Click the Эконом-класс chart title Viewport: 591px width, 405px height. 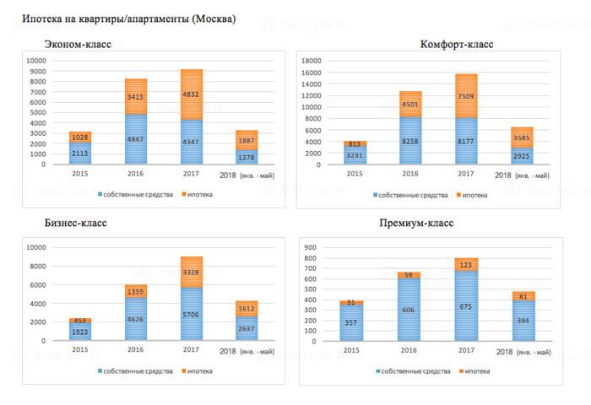79,44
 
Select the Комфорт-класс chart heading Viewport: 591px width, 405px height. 456,44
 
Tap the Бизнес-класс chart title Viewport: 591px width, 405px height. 76,224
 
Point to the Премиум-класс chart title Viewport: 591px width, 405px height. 417,224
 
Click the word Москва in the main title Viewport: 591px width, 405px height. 214,19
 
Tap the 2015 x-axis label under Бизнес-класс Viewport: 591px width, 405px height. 79,348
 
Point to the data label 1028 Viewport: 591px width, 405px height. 79,137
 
